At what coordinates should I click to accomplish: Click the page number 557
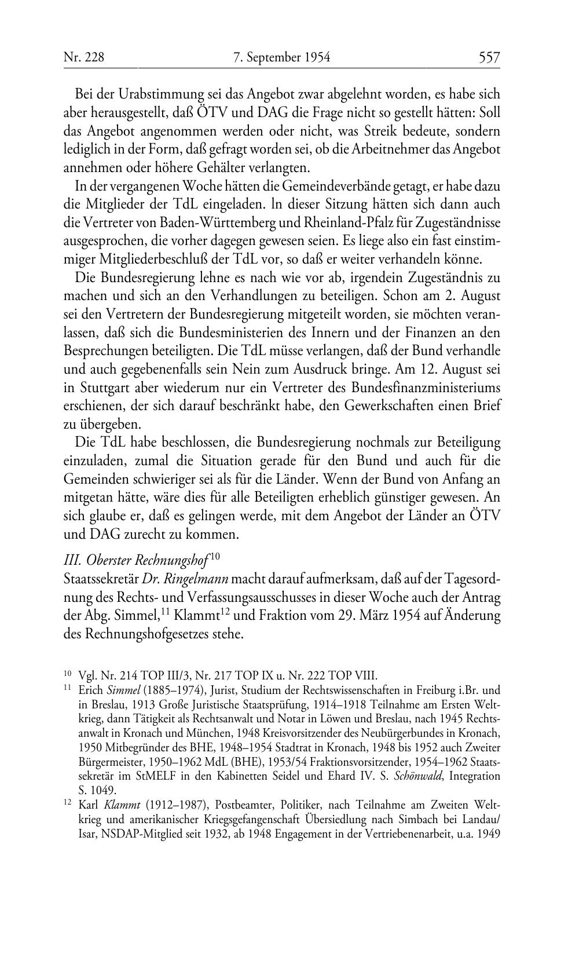pos(489,57)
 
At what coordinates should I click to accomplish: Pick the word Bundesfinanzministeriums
pos(427,388)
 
